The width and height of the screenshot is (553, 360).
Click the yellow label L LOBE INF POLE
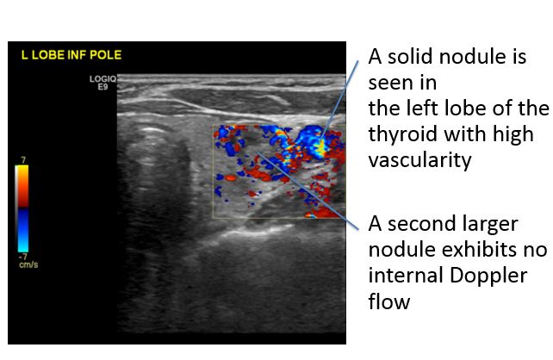[71, 55]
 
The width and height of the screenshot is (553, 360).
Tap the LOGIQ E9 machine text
[103, 83]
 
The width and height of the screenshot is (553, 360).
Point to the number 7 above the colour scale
[23, 160]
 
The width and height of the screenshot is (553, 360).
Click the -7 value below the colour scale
[22, 257]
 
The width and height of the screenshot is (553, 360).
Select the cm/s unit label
[28, 264]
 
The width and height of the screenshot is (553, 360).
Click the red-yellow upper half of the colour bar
[22, 186]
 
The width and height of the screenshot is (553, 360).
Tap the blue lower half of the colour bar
[22, 230]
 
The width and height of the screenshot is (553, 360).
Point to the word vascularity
[419, 160]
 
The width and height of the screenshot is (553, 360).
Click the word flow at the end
[389, 301]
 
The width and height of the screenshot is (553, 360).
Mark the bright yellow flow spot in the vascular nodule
[320, 148]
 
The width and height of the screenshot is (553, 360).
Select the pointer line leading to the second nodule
[308, 191]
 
